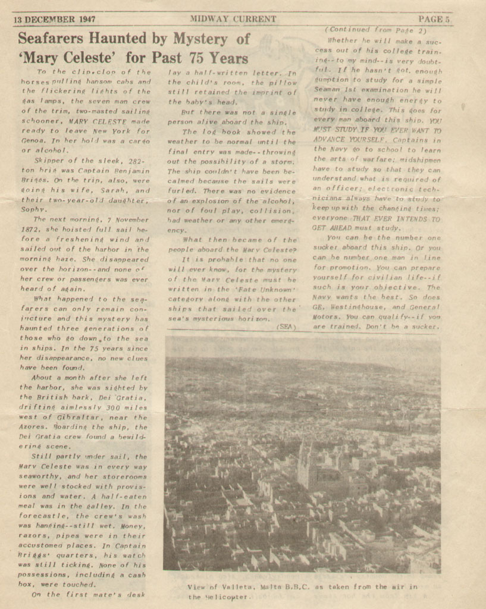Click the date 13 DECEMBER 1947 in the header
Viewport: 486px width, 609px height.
click(55, 19)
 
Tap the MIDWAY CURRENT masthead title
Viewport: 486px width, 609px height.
click(233, 19)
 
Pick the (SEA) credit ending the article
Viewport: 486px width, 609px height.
click(286, 327)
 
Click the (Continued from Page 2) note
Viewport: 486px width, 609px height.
click(375, 30)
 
